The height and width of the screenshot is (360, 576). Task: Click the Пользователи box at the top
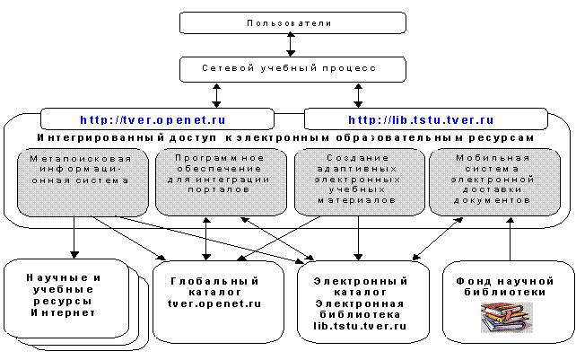click(292, 22)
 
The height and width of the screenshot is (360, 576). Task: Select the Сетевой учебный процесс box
click(292, 69)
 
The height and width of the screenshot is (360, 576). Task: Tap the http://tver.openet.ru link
click(153, 120)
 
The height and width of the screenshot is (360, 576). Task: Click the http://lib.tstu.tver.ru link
click(421, 120)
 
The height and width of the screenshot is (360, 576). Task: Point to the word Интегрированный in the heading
click(100, 138)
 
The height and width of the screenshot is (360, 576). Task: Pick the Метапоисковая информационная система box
click(83, 182)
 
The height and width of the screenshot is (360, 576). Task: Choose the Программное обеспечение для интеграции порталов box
click(221, 182)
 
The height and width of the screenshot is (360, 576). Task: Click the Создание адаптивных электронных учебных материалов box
click(360, 182)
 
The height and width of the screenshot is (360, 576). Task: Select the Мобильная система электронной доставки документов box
click(495, 182)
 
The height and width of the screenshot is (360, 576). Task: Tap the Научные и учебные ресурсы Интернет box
click(66, 298)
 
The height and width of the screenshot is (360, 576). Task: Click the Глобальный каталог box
click(218, 303)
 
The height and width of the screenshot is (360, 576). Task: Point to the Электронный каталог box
click(363, 303)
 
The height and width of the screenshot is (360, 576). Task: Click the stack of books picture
click(507, 318)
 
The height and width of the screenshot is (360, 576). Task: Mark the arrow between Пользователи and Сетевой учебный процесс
click(291, 45)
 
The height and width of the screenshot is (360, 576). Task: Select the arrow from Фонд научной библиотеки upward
click(510, 239)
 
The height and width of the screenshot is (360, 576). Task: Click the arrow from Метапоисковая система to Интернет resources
click(74, 238)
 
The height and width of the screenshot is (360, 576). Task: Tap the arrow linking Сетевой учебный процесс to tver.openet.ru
click(217, 95)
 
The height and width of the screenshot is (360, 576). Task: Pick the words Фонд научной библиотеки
click(505, 286)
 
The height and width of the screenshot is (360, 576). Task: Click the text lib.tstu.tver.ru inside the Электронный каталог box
click(360, 326)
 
